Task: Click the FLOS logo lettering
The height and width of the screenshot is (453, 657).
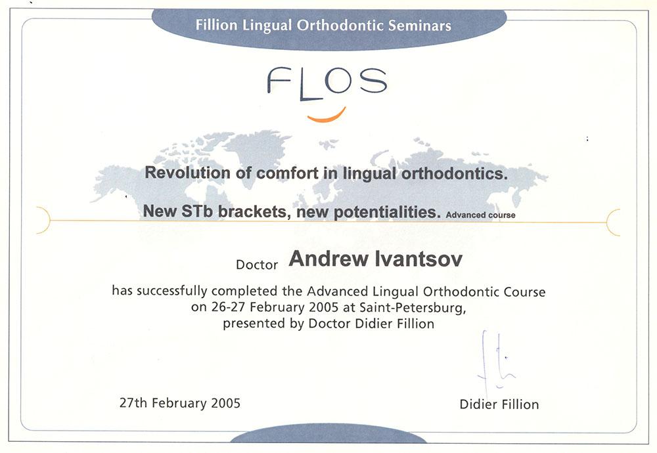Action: (x=327, y=83)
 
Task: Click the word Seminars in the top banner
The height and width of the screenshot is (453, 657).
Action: (x=419, y=26)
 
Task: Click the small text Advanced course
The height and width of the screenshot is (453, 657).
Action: (x=481, y=215)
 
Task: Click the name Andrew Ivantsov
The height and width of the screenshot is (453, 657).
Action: (x=375, y=259)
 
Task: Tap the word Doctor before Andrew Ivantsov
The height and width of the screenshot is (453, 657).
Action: (x=257, y=265)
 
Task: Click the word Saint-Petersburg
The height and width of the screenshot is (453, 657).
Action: (x=413, y=308)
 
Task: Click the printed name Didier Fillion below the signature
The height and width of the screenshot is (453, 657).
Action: (x=499, y=404)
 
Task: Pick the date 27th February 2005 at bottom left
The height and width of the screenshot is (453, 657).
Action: (x=180, y=402)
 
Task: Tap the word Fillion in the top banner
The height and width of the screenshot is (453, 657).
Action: (x=217, y=25)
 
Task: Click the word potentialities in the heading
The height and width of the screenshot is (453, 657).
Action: (x=387, y=212)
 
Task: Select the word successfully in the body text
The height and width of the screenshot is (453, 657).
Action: (x=171, y=291)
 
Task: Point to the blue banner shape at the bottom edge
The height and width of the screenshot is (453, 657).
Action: (x=328, y=434)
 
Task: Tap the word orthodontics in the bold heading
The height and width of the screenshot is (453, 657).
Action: (x=455, y=173)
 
